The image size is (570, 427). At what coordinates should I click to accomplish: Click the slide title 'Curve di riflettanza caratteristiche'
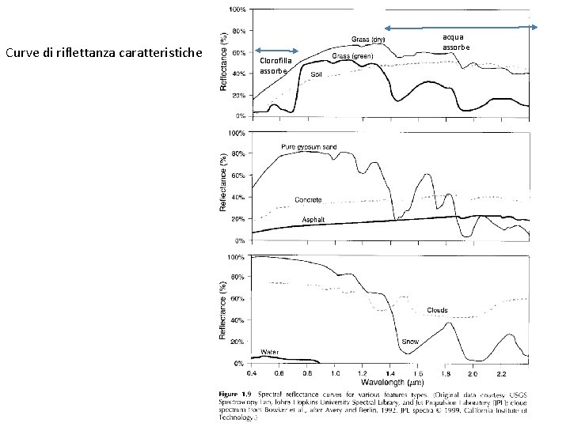(104, 54)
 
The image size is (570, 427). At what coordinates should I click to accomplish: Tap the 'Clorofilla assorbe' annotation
(275, 66)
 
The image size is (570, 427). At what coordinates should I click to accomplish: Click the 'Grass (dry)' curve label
(368, 39)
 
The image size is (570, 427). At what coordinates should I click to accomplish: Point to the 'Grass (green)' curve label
(352, 57)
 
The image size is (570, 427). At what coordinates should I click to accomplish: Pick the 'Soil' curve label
(316, 74)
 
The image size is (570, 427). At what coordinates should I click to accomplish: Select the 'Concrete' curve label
(308, 199)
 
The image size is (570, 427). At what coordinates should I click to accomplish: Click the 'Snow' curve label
(410, 341)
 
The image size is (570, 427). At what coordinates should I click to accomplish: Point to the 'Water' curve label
(270, 351)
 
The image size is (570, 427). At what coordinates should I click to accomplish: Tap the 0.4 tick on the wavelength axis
(251, 372)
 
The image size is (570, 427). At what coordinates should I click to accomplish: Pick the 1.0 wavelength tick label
(335, 372)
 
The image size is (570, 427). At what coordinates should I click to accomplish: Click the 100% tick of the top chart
(236, 10)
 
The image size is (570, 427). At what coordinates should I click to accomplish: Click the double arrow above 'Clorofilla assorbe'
(276, 48)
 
